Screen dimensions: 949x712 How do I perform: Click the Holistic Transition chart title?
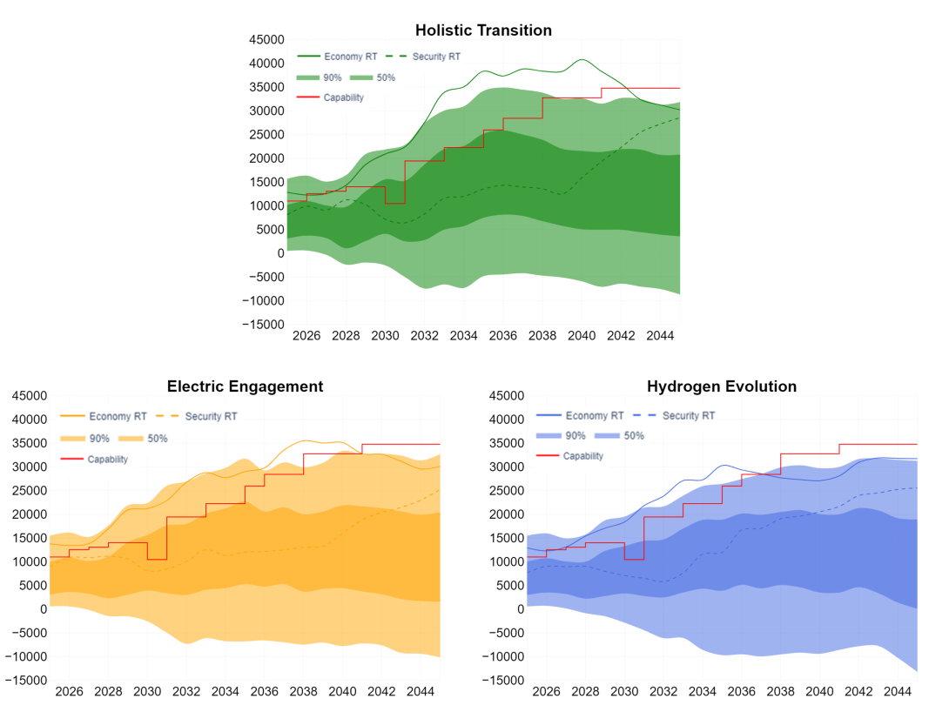483,30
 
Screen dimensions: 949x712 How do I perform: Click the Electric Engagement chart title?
246,386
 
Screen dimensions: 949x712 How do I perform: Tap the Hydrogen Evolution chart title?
722,386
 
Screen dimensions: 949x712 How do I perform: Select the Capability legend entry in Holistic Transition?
331,97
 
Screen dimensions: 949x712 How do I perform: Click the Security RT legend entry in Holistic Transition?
423,57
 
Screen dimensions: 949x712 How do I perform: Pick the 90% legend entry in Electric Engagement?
84,439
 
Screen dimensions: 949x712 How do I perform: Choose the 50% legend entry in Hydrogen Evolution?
620,435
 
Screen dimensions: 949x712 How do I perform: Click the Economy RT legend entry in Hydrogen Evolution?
580,415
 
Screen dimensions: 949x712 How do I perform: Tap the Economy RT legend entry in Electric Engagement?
104,416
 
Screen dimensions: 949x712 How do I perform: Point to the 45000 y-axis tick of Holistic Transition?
267,39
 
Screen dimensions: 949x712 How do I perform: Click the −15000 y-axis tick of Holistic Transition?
263,325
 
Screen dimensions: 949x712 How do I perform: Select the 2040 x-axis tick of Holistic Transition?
582,336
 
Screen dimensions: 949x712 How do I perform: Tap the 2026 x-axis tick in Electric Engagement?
69,691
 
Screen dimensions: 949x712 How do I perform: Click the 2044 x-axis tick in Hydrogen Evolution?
898,691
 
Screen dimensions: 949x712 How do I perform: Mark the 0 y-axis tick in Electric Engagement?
44,609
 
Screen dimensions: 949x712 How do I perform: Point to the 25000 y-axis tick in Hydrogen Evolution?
507,491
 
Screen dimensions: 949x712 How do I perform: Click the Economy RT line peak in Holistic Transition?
582,59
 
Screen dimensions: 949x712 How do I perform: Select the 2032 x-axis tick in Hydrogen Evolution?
663,691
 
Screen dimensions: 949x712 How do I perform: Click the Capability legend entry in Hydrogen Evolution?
570,456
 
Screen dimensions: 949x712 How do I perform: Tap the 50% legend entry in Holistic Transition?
373,77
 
